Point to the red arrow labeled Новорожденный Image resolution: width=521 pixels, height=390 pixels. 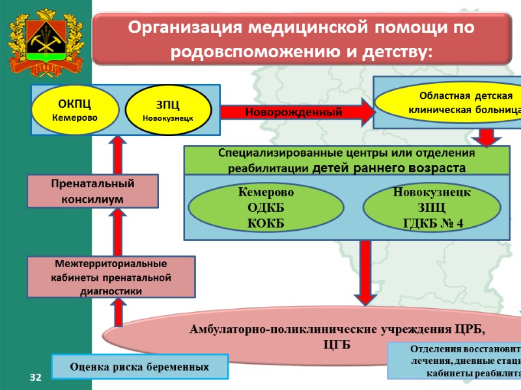(297, 112)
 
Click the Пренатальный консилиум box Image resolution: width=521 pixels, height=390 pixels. (92, 190)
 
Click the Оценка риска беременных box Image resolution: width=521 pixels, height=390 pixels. (140, 367)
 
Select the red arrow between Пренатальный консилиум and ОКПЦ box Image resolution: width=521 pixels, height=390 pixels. (119, 154)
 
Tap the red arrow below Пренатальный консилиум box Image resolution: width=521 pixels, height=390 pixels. (119, 232)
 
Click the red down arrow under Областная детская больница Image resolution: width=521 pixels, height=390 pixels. (485, 136)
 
